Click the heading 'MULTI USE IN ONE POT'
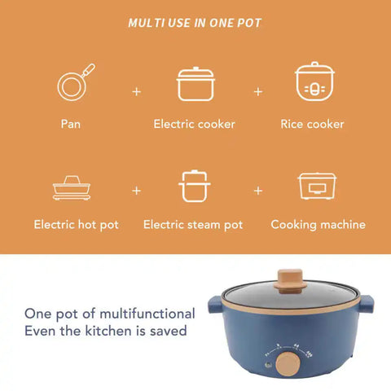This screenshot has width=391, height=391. point(195,23)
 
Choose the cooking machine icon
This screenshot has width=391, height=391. point(318,187)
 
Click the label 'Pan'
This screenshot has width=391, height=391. point(71,125)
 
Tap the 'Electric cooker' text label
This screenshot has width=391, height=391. point(194,125)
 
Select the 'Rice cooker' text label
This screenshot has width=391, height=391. point(312,125)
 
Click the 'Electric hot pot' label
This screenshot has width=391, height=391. point(76,224)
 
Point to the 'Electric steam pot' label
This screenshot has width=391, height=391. point(193,224)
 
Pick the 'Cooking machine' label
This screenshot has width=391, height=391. point(318,224)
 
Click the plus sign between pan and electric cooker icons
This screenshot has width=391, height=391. point(136,90)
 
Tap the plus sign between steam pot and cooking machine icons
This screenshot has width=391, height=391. point(258,191)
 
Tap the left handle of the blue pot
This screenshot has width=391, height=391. point(214,305)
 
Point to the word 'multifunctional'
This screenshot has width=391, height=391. point(143,314)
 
